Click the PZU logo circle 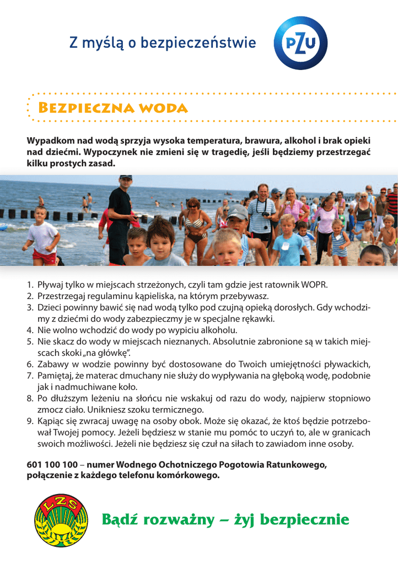click(x=300, y=43)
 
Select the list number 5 click(x=30, y=341)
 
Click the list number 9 click(x=30, y=421)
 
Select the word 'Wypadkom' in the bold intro click(x=50, y=140)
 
